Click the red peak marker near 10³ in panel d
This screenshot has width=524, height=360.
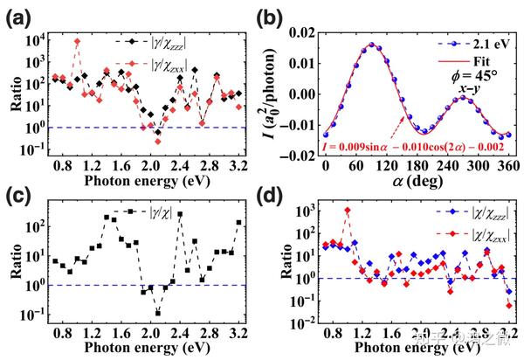(348, 210)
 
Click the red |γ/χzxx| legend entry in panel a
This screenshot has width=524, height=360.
(162, 63)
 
